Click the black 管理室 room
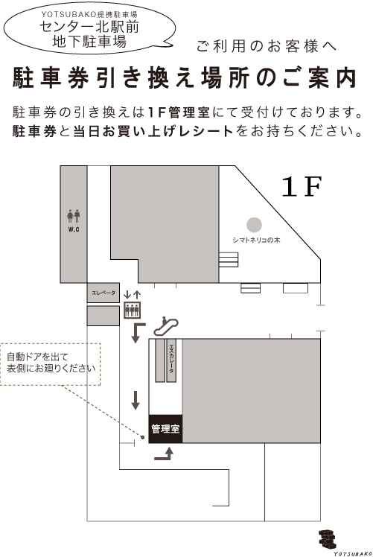[165, 429]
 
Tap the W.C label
[74, 230]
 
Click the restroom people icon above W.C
[74, 216]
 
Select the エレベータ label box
[103, 293]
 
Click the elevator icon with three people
[132, 310]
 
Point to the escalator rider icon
[165, 326]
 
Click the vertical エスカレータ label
[171, 359]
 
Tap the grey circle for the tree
[255, 225]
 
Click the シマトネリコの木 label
[256, 240]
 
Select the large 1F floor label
[302, 186]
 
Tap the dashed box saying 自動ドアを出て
[51, 364]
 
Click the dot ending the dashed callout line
[142, 437]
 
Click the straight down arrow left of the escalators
[136, 401]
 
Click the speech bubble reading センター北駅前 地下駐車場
[89, 28]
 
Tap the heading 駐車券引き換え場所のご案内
[185, 77]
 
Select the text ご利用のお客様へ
[267, 46]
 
